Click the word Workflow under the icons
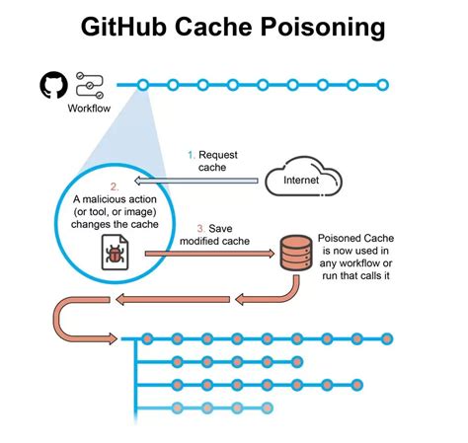tap(89, 109)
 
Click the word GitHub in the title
tap(127, 28)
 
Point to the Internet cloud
tap(301, 181)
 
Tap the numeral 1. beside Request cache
tap(193, 155)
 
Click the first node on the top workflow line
tap(143, 85)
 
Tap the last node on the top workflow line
tap(383, 85)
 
